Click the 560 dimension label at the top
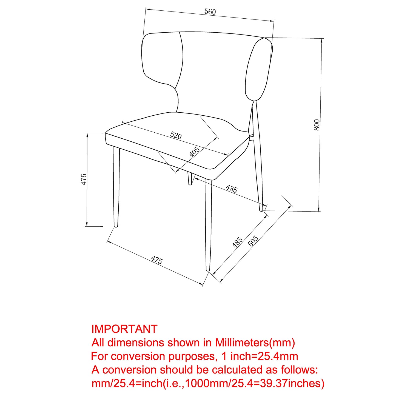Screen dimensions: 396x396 pyautogui.click(x=210, y=12)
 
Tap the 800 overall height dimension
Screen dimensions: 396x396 pyautogui.click(x=317, y=124)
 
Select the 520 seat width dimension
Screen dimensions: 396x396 pyautogui.click(x=176, y=136)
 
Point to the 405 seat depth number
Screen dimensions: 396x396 pyautogui.click(x=194, y=152)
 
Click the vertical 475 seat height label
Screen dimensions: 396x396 pyautogui.click(x=84, y=179)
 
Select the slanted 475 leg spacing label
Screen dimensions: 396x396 pyautogui.click(x=157, y=260)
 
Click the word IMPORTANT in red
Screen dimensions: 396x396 pyautogui.click(x=124, y=329)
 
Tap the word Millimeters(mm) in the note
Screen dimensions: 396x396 pyautogui.click(x=255, y=343)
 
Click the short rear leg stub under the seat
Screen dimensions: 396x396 pyautogui.click(x=189, y=179)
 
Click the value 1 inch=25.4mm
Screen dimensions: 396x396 pyautogui.click(x=260, y=356)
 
